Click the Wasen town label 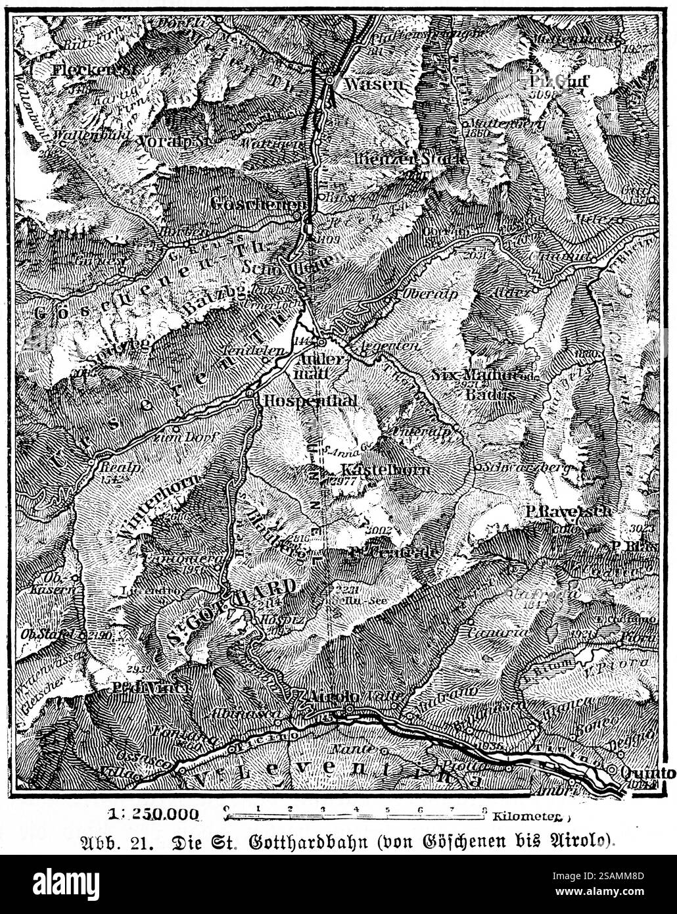[373, 84]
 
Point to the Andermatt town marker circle [321, 342]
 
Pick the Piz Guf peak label [568, 81]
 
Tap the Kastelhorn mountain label [386, 470]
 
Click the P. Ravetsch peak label [568, 511]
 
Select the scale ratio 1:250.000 [156, 813]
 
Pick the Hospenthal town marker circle [251, 393]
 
